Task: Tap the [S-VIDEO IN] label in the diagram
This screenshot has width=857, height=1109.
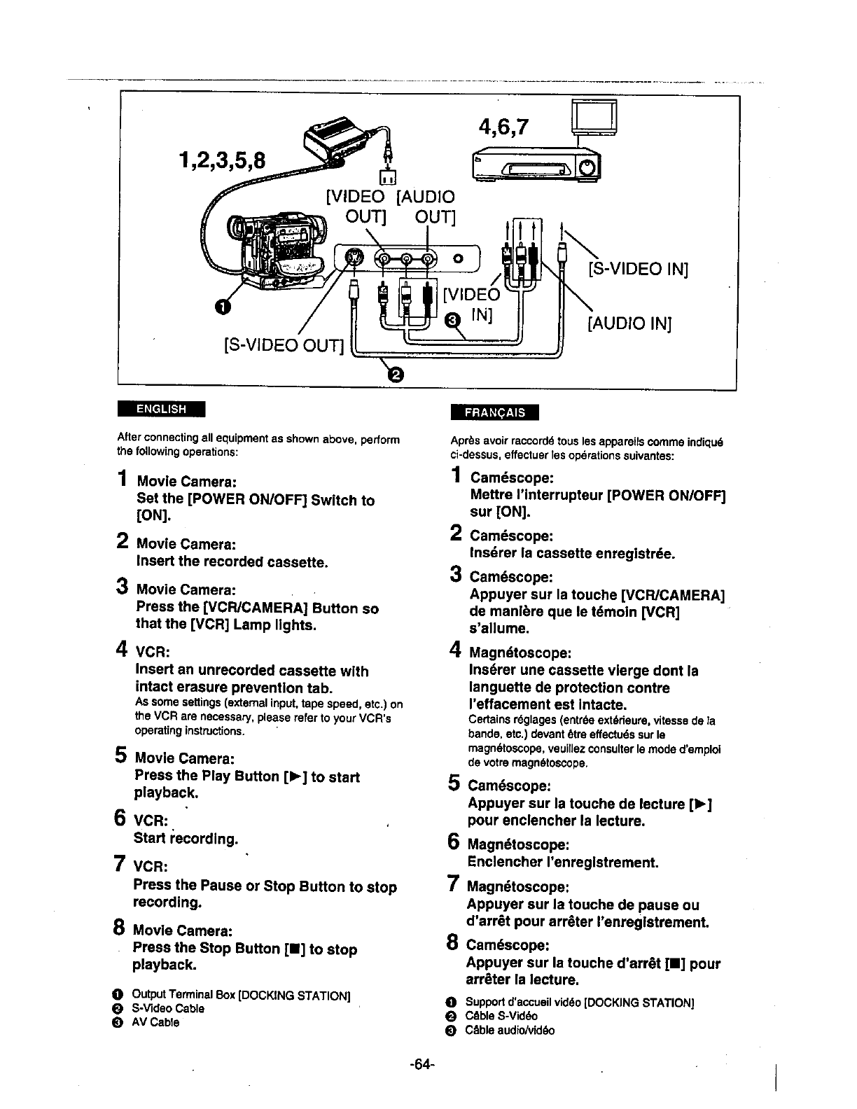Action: pyautogui.click(x=638, y=270)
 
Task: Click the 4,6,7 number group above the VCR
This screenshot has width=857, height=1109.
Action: pyautogui.click(x=504, y=128)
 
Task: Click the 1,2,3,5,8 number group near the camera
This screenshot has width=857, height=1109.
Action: pyautogui.click(x=222, y=160)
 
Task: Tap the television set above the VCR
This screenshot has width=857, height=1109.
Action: pyautogui.click(x=594, y=117)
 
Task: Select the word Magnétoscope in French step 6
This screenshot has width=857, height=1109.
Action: pyautogui.click(x=517, y=844)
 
